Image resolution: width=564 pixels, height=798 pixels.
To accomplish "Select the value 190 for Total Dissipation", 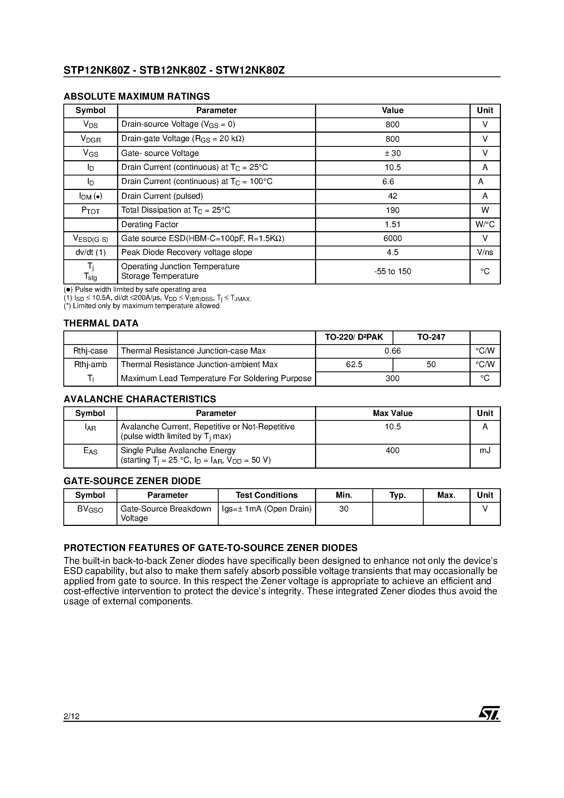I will tap(392, 210).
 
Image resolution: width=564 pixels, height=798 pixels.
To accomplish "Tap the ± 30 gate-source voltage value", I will tap(392, 153).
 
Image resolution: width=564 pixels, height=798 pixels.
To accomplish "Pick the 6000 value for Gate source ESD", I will tap(392, 239).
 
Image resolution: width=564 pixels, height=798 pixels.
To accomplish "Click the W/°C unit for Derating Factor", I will tap(485, 225).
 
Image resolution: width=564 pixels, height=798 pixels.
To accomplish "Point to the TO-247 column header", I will tap(431, 337).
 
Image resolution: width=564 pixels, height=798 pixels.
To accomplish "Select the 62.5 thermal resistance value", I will tap(354, 365).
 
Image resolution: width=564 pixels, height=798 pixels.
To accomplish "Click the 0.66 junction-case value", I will tap(392, 351).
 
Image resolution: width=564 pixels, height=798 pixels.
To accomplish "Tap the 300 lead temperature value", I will tap(392, 379).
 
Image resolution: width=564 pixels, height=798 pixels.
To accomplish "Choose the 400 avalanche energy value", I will tap(392, 450).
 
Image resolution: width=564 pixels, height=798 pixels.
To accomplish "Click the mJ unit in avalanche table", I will tap(485, 450).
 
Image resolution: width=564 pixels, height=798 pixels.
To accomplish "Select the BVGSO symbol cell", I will tap(90, 509).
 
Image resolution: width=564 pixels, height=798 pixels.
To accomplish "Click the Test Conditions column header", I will tap(266, 495).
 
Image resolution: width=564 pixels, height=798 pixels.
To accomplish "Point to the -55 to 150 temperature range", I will tap(392, 272).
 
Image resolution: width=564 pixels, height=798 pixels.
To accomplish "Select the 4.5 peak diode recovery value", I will tap(392, 252).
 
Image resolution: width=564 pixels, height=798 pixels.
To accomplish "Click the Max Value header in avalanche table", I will tap(392, 413).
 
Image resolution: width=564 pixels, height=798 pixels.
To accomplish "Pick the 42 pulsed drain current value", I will tap(392, 196).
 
